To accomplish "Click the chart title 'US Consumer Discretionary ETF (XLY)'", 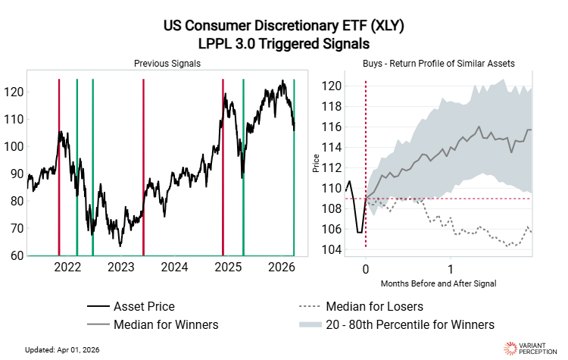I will pyautogui.click(x=284, y=27).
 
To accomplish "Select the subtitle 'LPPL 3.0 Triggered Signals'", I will pyautogui.click(x=284, y=44).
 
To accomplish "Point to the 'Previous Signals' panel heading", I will pyautogui.click(x=167, y=64).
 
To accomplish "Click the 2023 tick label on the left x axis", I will pyautogui.click(x=121, y=267).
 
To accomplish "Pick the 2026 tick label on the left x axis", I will pyautogui.click(x=282, y=267).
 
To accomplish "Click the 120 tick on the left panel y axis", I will pyautogui.click(x=15, y=92).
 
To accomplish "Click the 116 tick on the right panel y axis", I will pyautogui.click(x=331, y=127).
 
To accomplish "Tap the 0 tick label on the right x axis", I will pyautogui.click(x=366, y=269).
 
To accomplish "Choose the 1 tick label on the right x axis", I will pyautogui.click(x=451, y=269).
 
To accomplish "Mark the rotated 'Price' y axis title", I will pyautogui.click(x=316, y=163).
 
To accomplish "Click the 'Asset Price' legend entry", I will pyautogui.click(x=144, y=307).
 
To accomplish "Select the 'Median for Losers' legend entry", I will pyautogui.click(x=374, y=307).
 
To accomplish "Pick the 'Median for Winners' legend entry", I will pyautogui.click(x=166, y=324).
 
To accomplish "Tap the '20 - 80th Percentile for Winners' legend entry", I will pyautogui.click(x=410, y=324).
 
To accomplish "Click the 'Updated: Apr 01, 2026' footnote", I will pyautogui.click(x=67, y=349).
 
